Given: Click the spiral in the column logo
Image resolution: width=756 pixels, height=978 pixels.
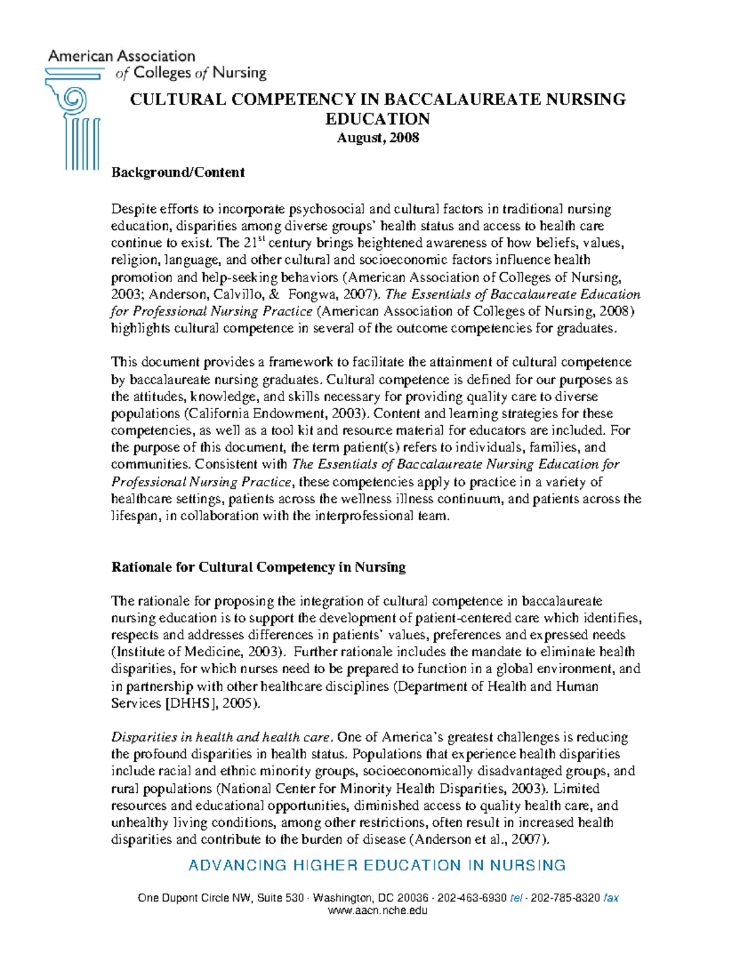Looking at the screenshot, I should pos(73,99).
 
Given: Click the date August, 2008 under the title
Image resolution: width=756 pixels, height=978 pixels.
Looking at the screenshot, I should pos(377,137).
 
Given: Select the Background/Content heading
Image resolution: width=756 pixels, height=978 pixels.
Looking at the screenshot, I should pos(178,173).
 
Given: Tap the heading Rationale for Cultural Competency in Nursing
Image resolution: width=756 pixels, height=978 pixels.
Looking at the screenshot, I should pos(258,567).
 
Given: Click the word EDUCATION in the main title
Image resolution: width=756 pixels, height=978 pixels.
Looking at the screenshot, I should pos(377,118).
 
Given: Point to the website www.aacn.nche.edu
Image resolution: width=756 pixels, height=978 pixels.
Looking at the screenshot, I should pos(377,911).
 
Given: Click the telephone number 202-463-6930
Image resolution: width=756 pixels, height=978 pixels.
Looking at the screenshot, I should pos(472,898).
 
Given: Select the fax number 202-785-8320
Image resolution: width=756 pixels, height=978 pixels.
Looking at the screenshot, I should pos(565,898).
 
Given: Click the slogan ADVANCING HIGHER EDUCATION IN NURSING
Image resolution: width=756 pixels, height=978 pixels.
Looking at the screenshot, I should pos(377,865).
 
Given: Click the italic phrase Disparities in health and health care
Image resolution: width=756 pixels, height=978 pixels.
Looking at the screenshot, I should pos(221,737).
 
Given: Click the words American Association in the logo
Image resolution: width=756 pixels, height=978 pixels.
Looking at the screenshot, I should pos(122,56).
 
